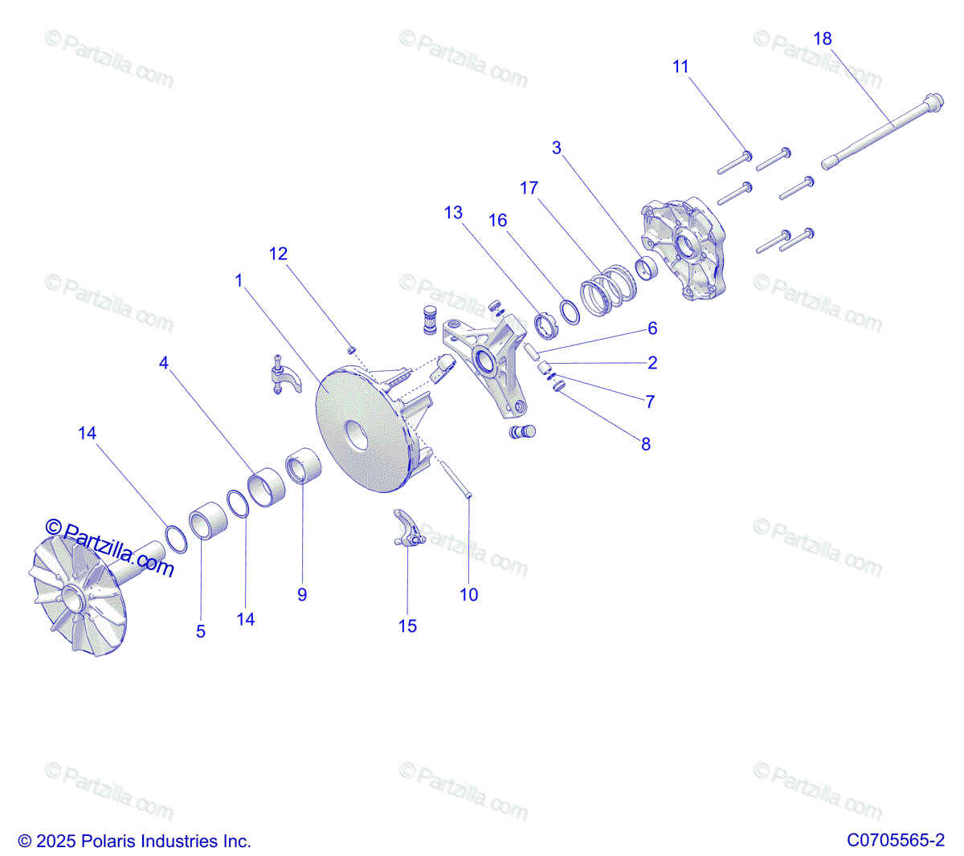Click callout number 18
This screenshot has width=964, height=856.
click(822, 39)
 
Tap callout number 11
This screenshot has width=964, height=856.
click(680, 67)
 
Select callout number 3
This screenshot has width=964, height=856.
click(556, 148)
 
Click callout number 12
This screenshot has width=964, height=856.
click(278, 254)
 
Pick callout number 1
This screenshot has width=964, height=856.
click(239, 280)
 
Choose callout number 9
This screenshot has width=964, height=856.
click(302, 594)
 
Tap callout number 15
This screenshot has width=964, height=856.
click(407, 626)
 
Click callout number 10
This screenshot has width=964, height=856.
click(468, 594)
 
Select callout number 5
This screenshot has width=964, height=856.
click(201, 632)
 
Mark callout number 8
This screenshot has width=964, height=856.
click(646, 444)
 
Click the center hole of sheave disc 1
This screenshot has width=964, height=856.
click(357, 435)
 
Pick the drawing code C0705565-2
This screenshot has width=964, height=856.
click(895, 841)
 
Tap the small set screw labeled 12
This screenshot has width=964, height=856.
click(351, 349)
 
